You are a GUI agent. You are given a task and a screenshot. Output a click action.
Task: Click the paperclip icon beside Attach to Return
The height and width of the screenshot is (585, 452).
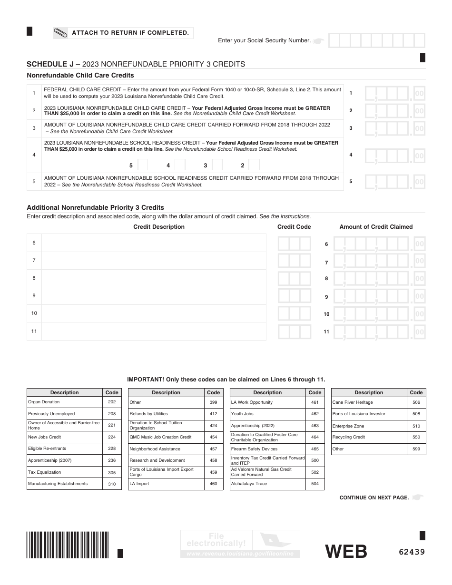[61, 33]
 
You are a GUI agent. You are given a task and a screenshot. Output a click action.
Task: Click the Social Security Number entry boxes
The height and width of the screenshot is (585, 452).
[376, 40]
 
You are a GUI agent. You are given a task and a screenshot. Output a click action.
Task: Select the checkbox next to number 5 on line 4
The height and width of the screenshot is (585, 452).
[143, 165]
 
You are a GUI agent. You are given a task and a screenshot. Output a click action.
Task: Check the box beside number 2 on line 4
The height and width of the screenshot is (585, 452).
[254, 165]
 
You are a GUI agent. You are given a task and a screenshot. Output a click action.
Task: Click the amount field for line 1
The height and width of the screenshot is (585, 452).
[394, 93]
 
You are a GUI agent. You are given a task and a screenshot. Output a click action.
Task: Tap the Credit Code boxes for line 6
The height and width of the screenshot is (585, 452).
[294, 244]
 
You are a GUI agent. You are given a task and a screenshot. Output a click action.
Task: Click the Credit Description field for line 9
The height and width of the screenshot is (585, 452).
[154, 296]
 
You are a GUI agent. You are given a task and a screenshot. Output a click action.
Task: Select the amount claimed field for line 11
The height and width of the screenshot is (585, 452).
[379, 331]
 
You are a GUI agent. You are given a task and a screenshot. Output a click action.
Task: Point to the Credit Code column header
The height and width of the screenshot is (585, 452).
[294, 227]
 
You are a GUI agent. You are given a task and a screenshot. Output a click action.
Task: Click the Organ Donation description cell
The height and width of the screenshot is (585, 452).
[65, 402]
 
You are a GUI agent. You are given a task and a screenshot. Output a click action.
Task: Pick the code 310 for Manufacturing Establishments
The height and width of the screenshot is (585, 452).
[112, 484]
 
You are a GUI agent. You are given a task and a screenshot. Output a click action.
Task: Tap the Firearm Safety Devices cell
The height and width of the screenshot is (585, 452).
[267, 449]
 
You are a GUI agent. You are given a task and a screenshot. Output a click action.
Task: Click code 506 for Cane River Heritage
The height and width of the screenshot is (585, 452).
[416, 402]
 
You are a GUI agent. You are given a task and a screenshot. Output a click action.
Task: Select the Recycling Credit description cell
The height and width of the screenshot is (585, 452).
[369, 437]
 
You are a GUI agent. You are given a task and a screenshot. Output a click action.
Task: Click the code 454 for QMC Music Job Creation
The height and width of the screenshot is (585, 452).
[213, 437]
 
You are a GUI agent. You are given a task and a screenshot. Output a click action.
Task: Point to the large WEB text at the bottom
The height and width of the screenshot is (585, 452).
[346, 552]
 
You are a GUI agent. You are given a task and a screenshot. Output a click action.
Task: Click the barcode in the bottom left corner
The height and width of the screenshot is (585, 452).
[68, 544]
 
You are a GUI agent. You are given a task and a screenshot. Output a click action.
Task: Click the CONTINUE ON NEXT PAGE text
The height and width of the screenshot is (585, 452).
[374, 497]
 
